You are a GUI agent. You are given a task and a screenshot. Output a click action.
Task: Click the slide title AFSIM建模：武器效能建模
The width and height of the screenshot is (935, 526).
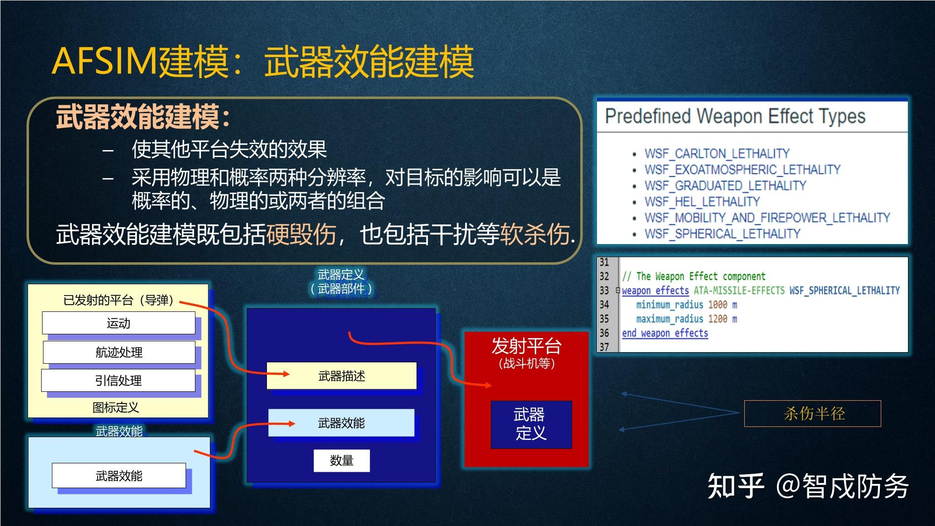(263, 62)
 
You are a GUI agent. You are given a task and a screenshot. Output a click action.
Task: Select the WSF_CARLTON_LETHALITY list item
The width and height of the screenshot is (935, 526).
(717, 153)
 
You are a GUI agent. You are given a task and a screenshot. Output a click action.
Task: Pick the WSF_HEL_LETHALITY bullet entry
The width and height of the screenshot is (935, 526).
(702, 202)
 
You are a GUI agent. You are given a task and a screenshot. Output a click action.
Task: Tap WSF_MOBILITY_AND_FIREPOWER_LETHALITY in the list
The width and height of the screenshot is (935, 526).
(767, 217)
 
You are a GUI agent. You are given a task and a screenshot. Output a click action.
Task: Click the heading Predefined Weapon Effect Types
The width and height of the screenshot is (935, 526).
(735, 116)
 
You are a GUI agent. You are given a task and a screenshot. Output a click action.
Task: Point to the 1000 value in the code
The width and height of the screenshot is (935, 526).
(717, 305)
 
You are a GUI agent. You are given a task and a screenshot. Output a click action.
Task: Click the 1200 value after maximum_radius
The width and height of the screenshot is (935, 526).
(717, 319)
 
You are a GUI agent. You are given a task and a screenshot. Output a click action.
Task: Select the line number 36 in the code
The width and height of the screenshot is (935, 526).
(604, 333)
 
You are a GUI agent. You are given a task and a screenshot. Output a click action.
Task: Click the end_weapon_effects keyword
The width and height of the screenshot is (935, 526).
(664, 333)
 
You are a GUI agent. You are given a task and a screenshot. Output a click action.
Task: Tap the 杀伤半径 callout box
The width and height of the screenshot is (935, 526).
(813, 413)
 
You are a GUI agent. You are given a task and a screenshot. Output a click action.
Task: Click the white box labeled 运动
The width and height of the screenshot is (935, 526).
(119, 323)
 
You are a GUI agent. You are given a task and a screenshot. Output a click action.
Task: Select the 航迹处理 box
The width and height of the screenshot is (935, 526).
(119, 352)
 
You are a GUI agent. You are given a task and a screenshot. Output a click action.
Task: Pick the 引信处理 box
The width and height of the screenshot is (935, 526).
(118, 381)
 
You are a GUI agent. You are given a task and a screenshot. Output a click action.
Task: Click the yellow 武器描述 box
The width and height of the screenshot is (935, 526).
(341, 376)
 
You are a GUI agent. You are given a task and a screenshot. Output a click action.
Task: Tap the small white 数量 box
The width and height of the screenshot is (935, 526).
(341, 461)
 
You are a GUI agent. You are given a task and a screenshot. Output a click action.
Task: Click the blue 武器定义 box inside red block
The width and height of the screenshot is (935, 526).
(531, 424)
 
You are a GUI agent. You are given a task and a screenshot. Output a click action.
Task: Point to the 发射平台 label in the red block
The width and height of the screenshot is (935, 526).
(526, 346)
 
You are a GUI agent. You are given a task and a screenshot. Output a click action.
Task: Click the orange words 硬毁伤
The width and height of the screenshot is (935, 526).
(301, 234)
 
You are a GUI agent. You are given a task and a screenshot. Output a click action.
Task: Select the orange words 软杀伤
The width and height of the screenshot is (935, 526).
(535, 234)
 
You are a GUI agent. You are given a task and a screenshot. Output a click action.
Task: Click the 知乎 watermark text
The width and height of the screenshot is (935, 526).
(735, 486)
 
